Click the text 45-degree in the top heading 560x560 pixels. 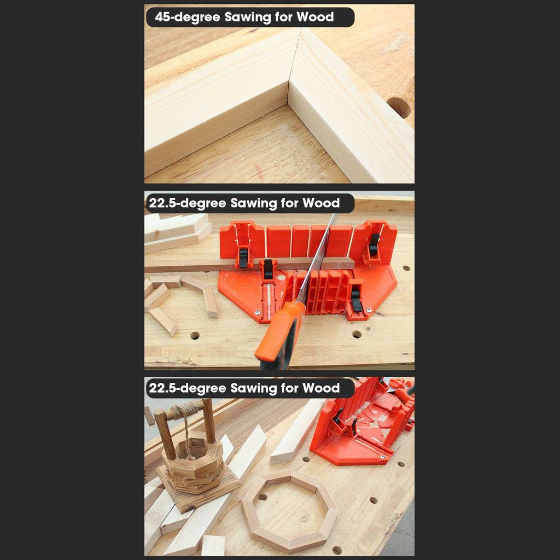[x=187, y=17]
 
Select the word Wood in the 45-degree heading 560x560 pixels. [x=315, y=17]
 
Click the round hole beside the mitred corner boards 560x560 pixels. [x=399, y=107]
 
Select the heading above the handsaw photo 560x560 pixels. [x=244, y=203]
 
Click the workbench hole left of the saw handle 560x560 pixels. [x=195, y=335]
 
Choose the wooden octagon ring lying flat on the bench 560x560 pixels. [x=289, y=511]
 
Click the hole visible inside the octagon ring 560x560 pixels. [x=262, y=498]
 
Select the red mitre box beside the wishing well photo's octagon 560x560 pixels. [x=364, y=427]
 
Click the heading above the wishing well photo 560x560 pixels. [x=244, y=388]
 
